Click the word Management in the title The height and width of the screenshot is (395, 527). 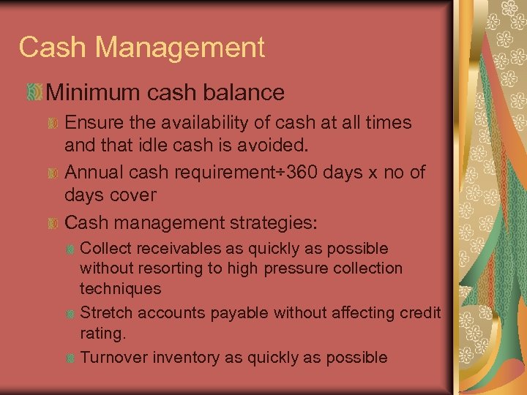(x=180, y=48)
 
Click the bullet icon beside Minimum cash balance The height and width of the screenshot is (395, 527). (x=32, y=92)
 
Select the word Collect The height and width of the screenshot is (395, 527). (x=105, y=249)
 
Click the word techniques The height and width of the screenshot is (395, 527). (x=120, y=288)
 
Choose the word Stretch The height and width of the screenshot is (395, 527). (x=105, y=313)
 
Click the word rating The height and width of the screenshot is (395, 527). (x=102, y=333)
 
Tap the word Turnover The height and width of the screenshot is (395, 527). (x=111, y=357)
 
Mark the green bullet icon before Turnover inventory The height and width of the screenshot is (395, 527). (x=69, y=358)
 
